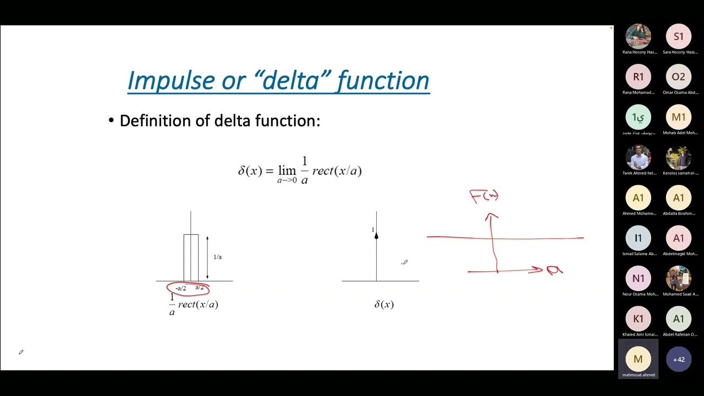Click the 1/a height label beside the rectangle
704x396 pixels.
217,257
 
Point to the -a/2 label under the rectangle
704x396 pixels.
180,288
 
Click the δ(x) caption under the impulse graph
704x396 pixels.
384,304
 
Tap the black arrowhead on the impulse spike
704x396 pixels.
376,235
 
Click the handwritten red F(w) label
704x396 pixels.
484,196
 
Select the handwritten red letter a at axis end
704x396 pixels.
554,269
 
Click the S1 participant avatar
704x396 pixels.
679,36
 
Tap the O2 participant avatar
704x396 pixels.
679,77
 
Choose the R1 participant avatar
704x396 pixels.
638,77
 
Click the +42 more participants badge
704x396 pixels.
679,359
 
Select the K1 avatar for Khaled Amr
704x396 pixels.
638,319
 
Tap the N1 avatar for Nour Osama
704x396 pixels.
638,278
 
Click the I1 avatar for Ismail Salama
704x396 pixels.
638,238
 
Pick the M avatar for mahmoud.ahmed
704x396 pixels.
638,359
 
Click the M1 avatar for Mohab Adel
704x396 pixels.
679,117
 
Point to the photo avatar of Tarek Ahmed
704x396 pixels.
638,158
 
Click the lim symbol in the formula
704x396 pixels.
287,170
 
